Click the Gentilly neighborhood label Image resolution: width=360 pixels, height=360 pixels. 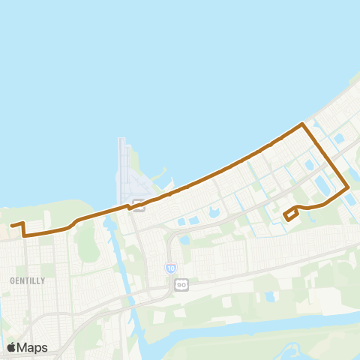click(28, 280)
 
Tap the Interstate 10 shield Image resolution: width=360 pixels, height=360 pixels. click(171, 268)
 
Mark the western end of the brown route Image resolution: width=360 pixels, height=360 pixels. click(11, 225)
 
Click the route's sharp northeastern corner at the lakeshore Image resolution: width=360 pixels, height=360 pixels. click(302, 124)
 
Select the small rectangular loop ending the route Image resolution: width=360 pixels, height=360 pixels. click(291, 216)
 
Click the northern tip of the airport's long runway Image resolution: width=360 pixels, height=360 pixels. click(121, 139)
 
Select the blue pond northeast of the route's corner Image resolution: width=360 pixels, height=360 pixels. click(338, 139)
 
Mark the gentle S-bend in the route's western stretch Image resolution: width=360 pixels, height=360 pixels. click(73, 224)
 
